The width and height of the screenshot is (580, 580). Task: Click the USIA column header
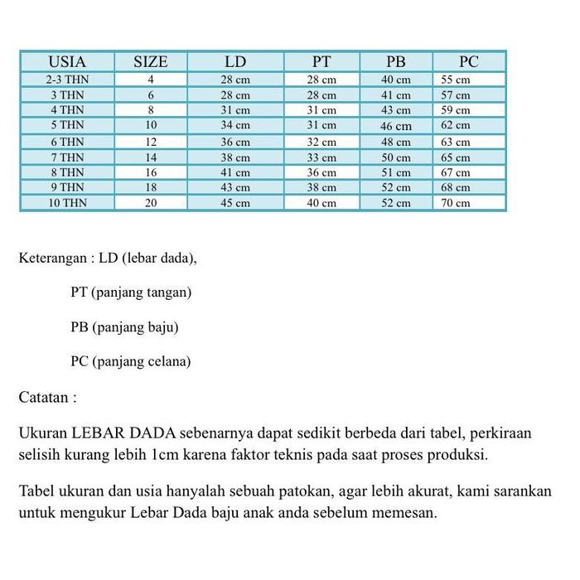pos(67,61)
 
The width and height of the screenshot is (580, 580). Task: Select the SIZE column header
pos(151,61)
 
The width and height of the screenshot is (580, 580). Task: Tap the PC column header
pos(469,61)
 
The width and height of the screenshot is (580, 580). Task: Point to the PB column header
pos(396,61)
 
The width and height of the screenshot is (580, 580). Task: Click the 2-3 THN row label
pos(67,80)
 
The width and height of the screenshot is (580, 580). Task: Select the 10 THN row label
pos(67,202)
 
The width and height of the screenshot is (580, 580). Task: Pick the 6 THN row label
pos(67,142)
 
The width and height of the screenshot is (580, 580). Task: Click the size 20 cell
pos(151,202)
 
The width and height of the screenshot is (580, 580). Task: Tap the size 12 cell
pos(151,142)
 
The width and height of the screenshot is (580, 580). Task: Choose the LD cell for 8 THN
pos(235,172)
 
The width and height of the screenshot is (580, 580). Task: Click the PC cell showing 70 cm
pos(456,202)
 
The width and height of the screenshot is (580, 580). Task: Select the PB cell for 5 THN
pos(396,126)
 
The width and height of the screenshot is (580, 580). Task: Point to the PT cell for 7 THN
pos(322,157)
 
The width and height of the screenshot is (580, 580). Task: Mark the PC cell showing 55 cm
pos(456,80)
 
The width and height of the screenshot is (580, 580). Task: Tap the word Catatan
pos(44,397)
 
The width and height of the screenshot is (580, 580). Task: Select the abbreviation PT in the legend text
pos(80,292)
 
